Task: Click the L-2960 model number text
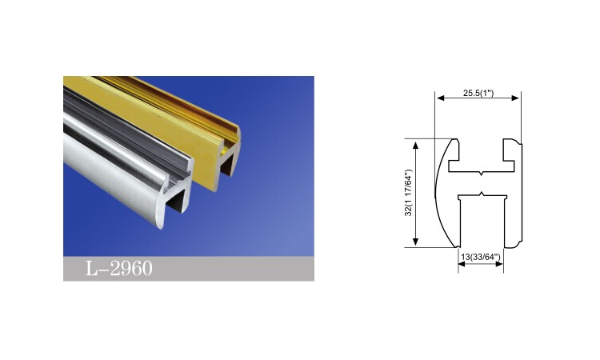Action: point(118,268)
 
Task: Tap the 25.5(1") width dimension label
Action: point(478,93)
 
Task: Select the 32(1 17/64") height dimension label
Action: point(409,193)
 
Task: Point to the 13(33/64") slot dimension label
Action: point(481,257)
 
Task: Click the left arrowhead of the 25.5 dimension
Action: point(440,98)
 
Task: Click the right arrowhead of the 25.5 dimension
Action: point(516,98)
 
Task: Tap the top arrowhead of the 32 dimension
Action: point(415,145)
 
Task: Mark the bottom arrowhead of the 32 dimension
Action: point(415,242)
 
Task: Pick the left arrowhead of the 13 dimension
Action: point(462,264)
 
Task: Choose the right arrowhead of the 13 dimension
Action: point(499,264)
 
